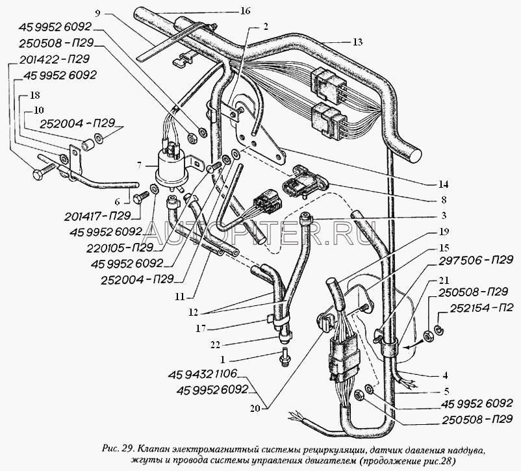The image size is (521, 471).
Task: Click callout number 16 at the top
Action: (x=226, y=12)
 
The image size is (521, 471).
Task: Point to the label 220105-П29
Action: (x=121, y=248)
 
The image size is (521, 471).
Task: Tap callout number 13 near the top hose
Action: (x=357, y=42)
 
